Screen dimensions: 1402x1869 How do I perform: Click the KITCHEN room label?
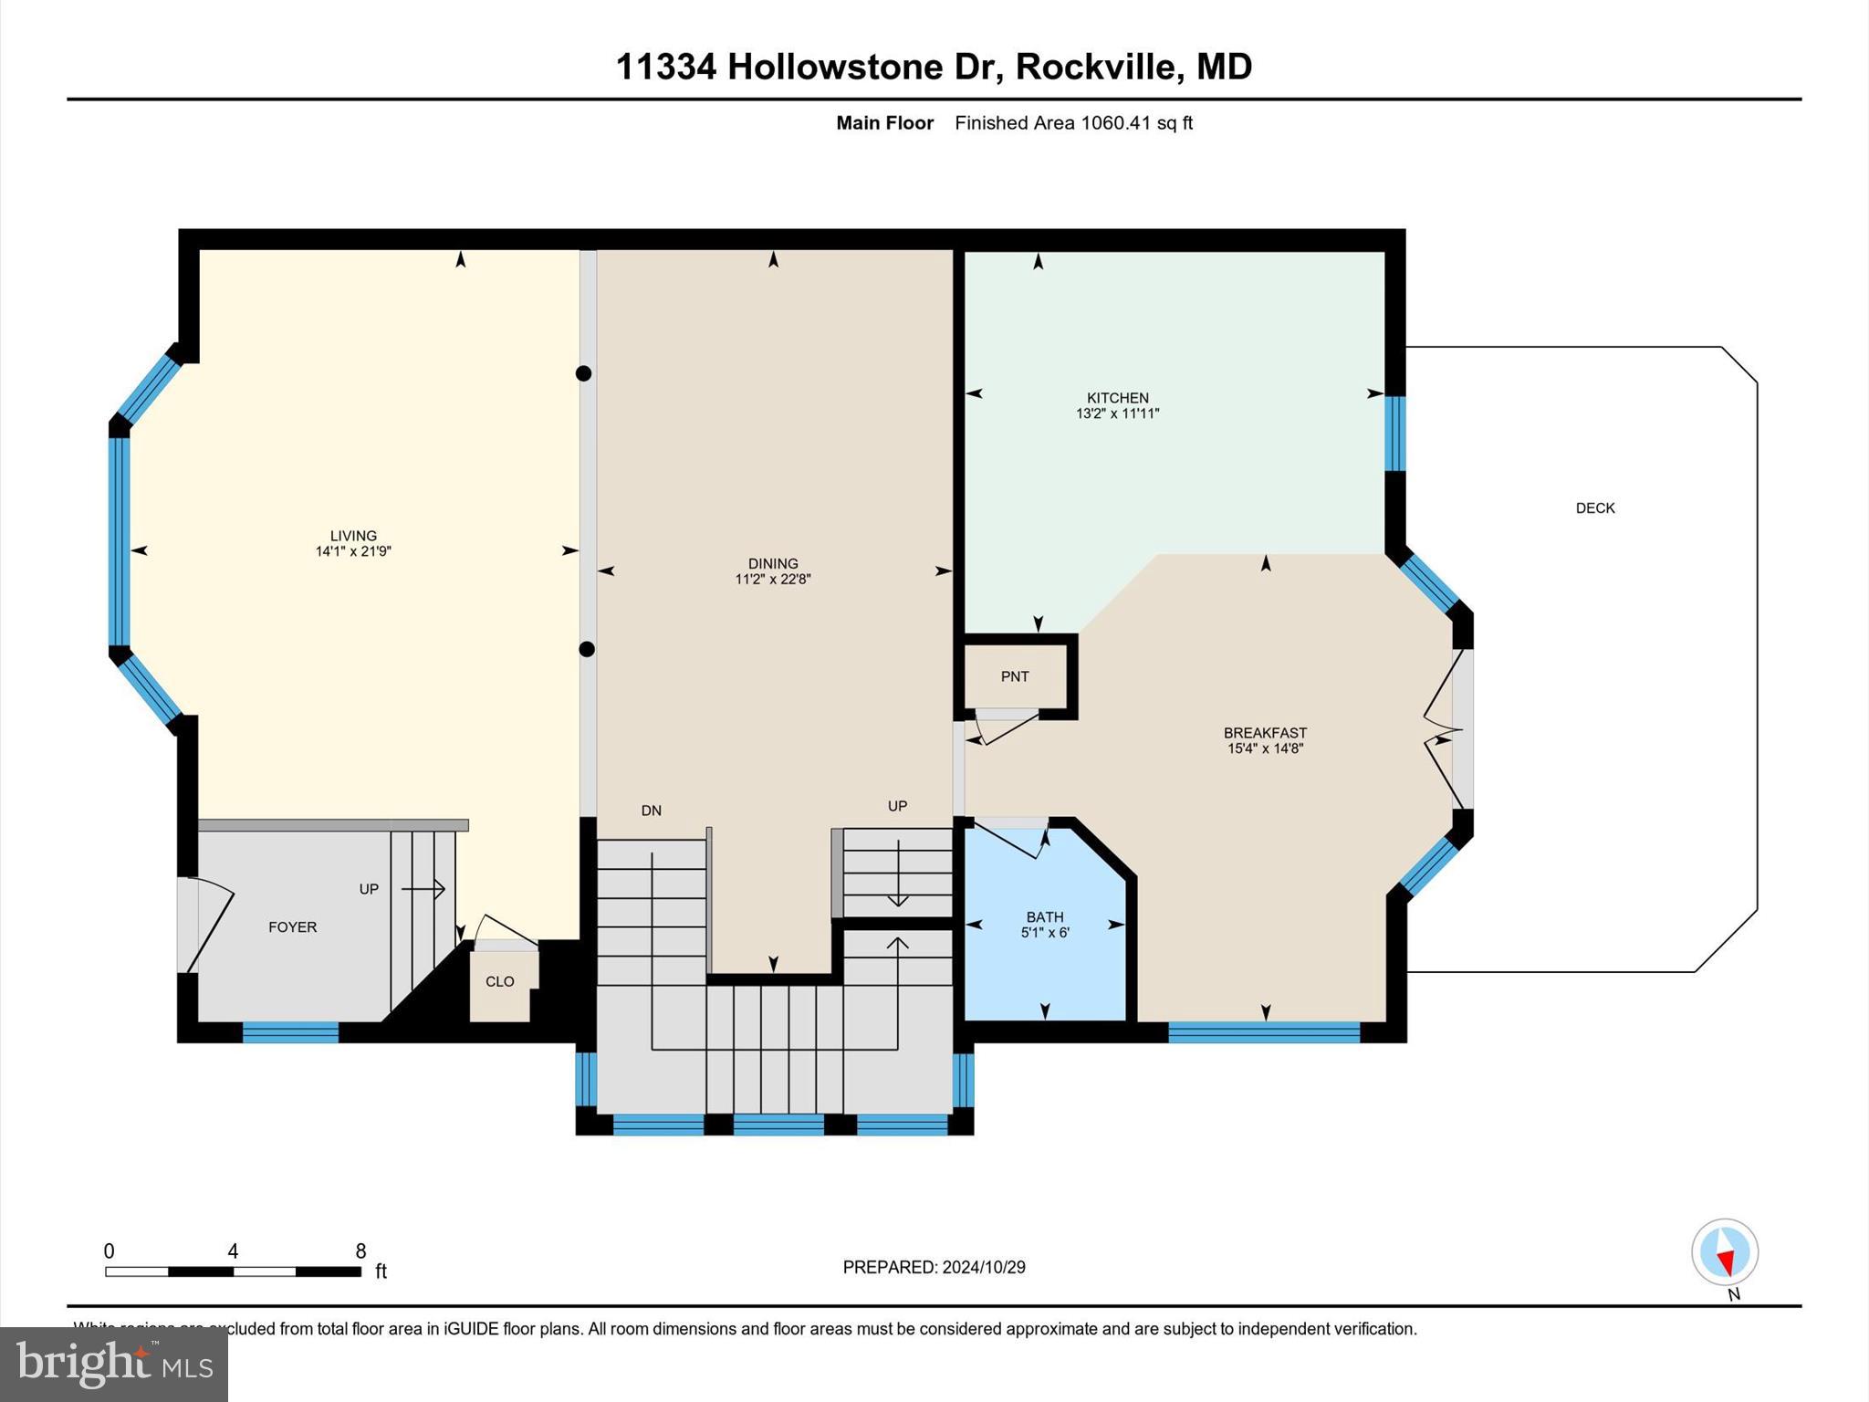tap(1117, 398)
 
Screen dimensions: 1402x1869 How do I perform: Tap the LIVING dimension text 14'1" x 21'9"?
tap(353, 551)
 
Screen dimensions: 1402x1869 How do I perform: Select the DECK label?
tap(1594, 508)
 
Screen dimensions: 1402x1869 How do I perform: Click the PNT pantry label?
tap(1014, 676)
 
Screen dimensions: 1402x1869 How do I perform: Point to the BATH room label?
tap(1044, 916)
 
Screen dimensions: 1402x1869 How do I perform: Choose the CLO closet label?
tap(499, 981)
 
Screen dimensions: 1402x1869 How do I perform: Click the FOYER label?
tap(292, 926)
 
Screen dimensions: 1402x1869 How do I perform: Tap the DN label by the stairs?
tap(651, 811)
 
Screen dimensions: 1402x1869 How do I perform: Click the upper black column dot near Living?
tap(584, 373)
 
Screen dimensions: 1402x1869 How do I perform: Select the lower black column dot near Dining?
tap(587, 649)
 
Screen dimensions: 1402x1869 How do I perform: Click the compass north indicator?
tap(1724, 1253)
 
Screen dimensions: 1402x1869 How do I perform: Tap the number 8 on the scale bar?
tap(360, 1250)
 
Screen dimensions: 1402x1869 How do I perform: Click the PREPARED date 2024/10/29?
tap(984, 1267)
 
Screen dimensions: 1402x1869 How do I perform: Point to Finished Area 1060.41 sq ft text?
tap(1073, 123)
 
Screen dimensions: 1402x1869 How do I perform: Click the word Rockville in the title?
tap(1095, 67)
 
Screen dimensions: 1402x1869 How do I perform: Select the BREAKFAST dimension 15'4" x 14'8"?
tap(1265, 748)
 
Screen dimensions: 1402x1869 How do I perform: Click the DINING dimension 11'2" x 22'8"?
tap(772, 579)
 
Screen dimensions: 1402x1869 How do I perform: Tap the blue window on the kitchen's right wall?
tap(1394, 433)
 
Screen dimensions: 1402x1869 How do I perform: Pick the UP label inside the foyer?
tap(369, 889)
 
